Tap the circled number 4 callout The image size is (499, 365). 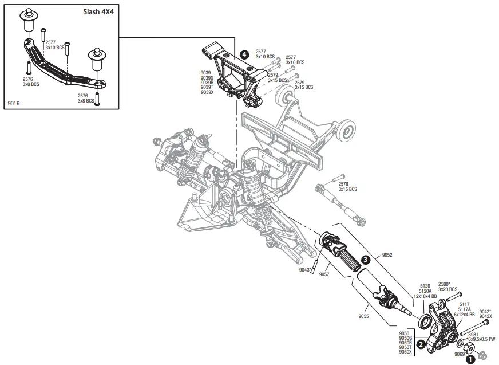244,54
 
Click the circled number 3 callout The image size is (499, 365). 365,260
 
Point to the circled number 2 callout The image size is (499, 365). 421,344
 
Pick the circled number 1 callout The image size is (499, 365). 470,359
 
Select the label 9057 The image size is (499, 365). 324,274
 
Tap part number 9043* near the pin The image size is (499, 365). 304,269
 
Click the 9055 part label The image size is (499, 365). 364,316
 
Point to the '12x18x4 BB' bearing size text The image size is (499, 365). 425,296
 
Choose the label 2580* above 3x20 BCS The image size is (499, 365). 444,284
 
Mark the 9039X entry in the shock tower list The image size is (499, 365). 207,92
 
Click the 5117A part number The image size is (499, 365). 464,309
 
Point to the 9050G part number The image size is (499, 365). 405,337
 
